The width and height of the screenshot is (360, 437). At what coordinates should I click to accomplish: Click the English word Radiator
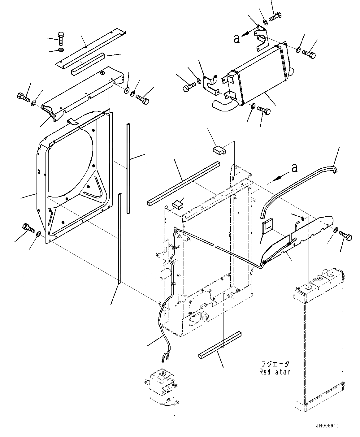click(275, 372)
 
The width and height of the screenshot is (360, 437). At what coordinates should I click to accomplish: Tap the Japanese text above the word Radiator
click(275, 364)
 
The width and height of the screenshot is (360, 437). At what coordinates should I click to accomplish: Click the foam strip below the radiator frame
click(220, 345)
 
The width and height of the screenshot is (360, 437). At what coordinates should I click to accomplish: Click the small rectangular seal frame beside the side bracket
click(267, 227)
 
